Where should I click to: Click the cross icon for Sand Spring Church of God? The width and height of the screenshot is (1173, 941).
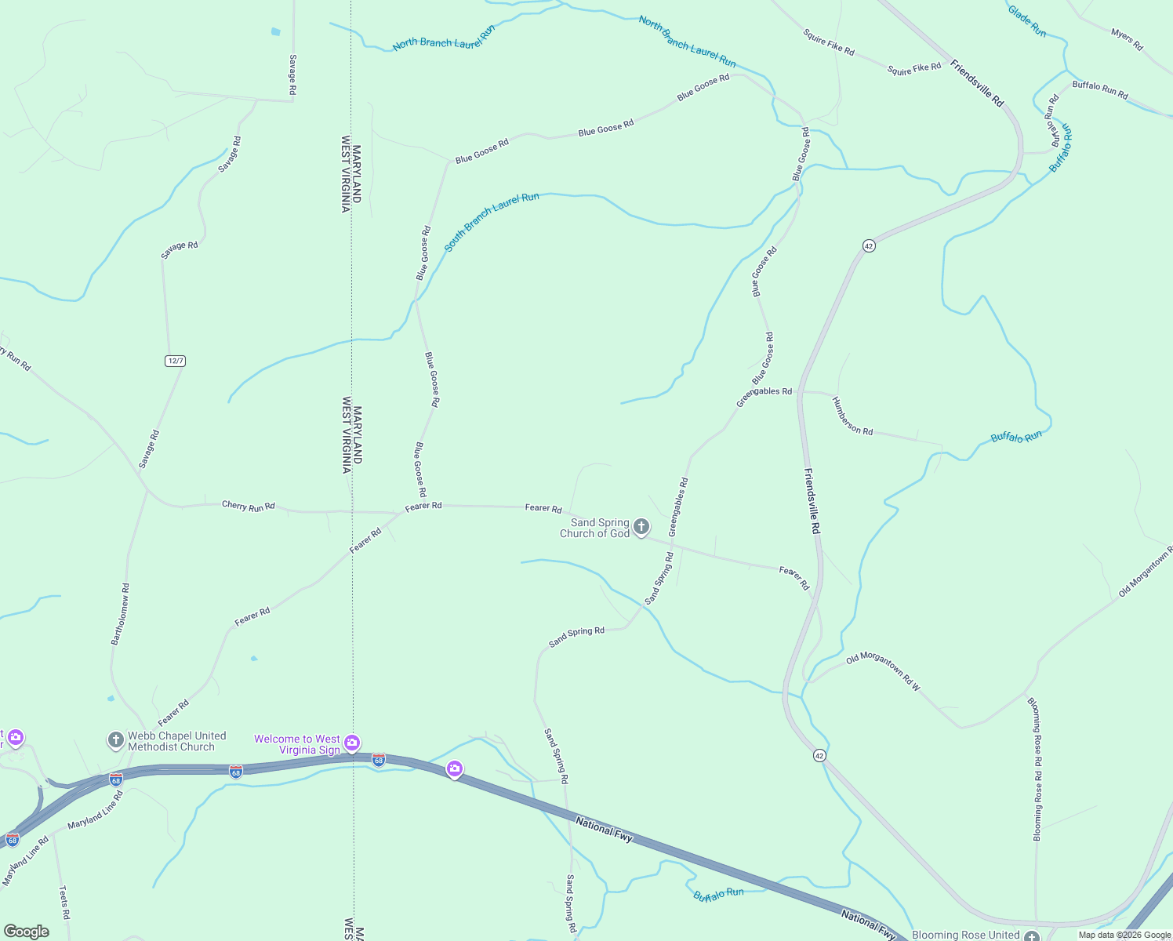coord(641,526)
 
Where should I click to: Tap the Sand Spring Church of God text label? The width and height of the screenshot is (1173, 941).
coord(595,528)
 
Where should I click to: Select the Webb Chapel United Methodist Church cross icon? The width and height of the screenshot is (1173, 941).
coord(115,739)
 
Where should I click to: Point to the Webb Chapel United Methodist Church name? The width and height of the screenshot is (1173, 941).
coord(176,741)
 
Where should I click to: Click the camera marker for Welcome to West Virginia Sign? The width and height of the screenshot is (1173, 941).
coord(352,742)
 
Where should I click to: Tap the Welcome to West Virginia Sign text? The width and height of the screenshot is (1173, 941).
coord(297,744)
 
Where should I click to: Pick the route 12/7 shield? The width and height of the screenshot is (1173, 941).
coord(175,361)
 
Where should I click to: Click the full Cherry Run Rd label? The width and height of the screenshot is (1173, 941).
coord(249,506)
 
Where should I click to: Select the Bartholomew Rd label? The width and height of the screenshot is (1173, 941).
coord(121,614)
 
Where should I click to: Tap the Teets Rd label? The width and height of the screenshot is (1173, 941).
coord(64,903)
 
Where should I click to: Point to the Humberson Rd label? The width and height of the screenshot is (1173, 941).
coord(852,416)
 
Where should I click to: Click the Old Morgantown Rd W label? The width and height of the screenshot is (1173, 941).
coord(883,671)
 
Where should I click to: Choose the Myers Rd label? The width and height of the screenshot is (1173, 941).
coord(1127,39)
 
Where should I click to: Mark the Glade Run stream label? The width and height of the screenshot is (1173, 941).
coord(1026,21)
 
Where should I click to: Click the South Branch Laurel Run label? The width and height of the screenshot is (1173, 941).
coord(492,221)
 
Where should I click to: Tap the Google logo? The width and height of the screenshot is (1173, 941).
coord(26,931)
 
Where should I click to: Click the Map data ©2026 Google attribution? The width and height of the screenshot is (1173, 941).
coord(1124,935)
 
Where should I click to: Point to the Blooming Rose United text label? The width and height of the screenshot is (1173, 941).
coord(965,935)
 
